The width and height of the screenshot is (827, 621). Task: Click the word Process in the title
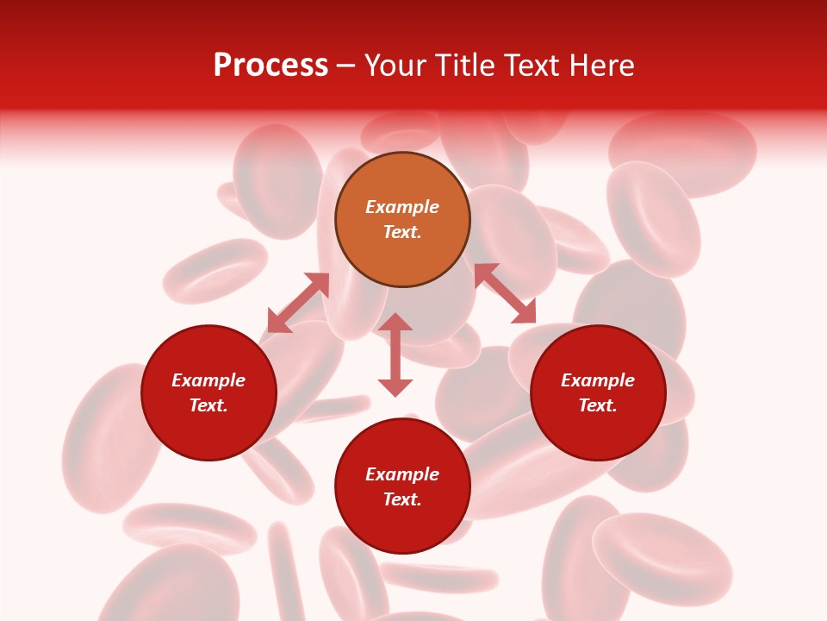270,66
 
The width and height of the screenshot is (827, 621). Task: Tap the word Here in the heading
600,66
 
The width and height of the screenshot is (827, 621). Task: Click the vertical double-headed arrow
395,354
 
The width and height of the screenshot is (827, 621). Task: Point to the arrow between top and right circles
505,293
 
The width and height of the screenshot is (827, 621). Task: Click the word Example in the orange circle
402,207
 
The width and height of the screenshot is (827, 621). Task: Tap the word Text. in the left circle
208,405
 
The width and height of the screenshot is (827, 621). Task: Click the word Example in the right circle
598,380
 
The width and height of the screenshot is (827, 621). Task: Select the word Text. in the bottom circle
402,499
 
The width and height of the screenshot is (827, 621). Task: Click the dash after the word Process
346,66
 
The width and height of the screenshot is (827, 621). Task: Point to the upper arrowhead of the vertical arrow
395,322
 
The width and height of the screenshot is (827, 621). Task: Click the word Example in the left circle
208,380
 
